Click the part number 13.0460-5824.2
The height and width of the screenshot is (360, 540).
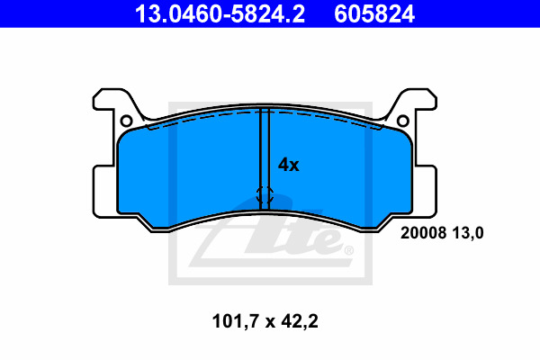point(220,14)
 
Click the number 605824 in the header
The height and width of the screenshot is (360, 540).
point(374,14)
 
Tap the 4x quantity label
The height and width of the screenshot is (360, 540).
point(289,165)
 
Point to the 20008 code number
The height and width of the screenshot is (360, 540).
point(423,233)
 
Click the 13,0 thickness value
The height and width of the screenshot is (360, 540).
point(468,233)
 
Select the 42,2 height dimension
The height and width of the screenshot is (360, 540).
point(300,321)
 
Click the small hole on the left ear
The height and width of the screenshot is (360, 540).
point(126,121)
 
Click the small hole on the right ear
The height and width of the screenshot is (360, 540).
point(403,121)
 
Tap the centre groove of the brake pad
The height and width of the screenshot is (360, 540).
point(265,158)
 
